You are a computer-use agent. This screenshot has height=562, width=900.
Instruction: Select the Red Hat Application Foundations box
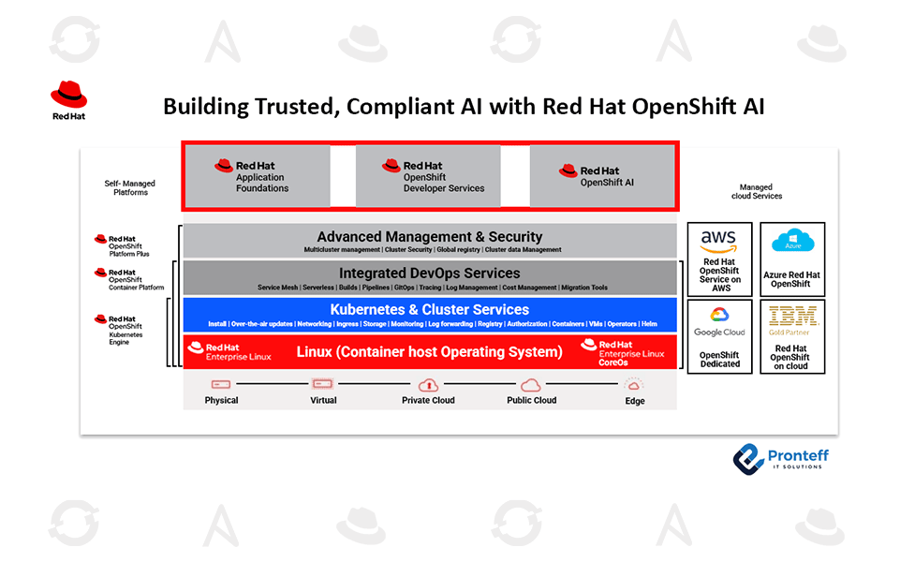[256, 176]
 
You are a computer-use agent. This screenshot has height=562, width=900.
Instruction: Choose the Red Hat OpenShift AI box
[601, 176]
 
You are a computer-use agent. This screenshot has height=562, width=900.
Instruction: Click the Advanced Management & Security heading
[429, 237]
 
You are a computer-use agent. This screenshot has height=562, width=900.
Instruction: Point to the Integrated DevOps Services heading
[429, 274]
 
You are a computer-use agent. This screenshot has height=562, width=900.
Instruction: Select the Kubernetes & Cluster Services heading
[429, 309]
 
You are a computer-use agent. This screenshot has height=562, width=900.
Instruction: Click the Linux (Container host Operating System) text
[429, 352]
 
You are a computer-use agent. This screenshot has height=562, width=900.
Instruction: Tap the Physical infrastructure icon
[221, 384]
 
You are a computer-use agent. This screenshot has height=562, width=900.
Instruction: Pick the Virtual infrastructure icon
[323, 384]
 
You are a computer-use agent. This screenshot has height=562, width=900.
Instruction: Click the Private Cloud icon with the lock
[429, 385]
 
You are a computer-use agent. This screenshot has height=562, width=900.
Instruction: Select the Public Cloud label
[532, 400]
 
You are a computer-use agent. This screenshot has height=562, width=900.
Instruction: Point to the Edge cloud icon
[634, 385]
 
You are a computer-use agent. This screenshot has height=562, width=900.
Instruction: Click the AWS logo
[718, 241]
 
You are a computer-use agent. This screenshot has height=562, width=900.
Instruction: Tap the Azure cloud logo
[791, 242]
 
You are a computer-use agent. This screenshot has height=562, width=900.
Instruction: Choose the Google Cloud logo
[719, 320]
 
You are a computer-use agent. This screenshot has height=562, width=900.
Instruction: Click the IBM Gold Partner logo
[791, 318]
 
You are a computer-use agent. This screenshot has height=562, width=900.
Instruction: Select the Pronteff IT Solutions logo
[780, 458]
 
